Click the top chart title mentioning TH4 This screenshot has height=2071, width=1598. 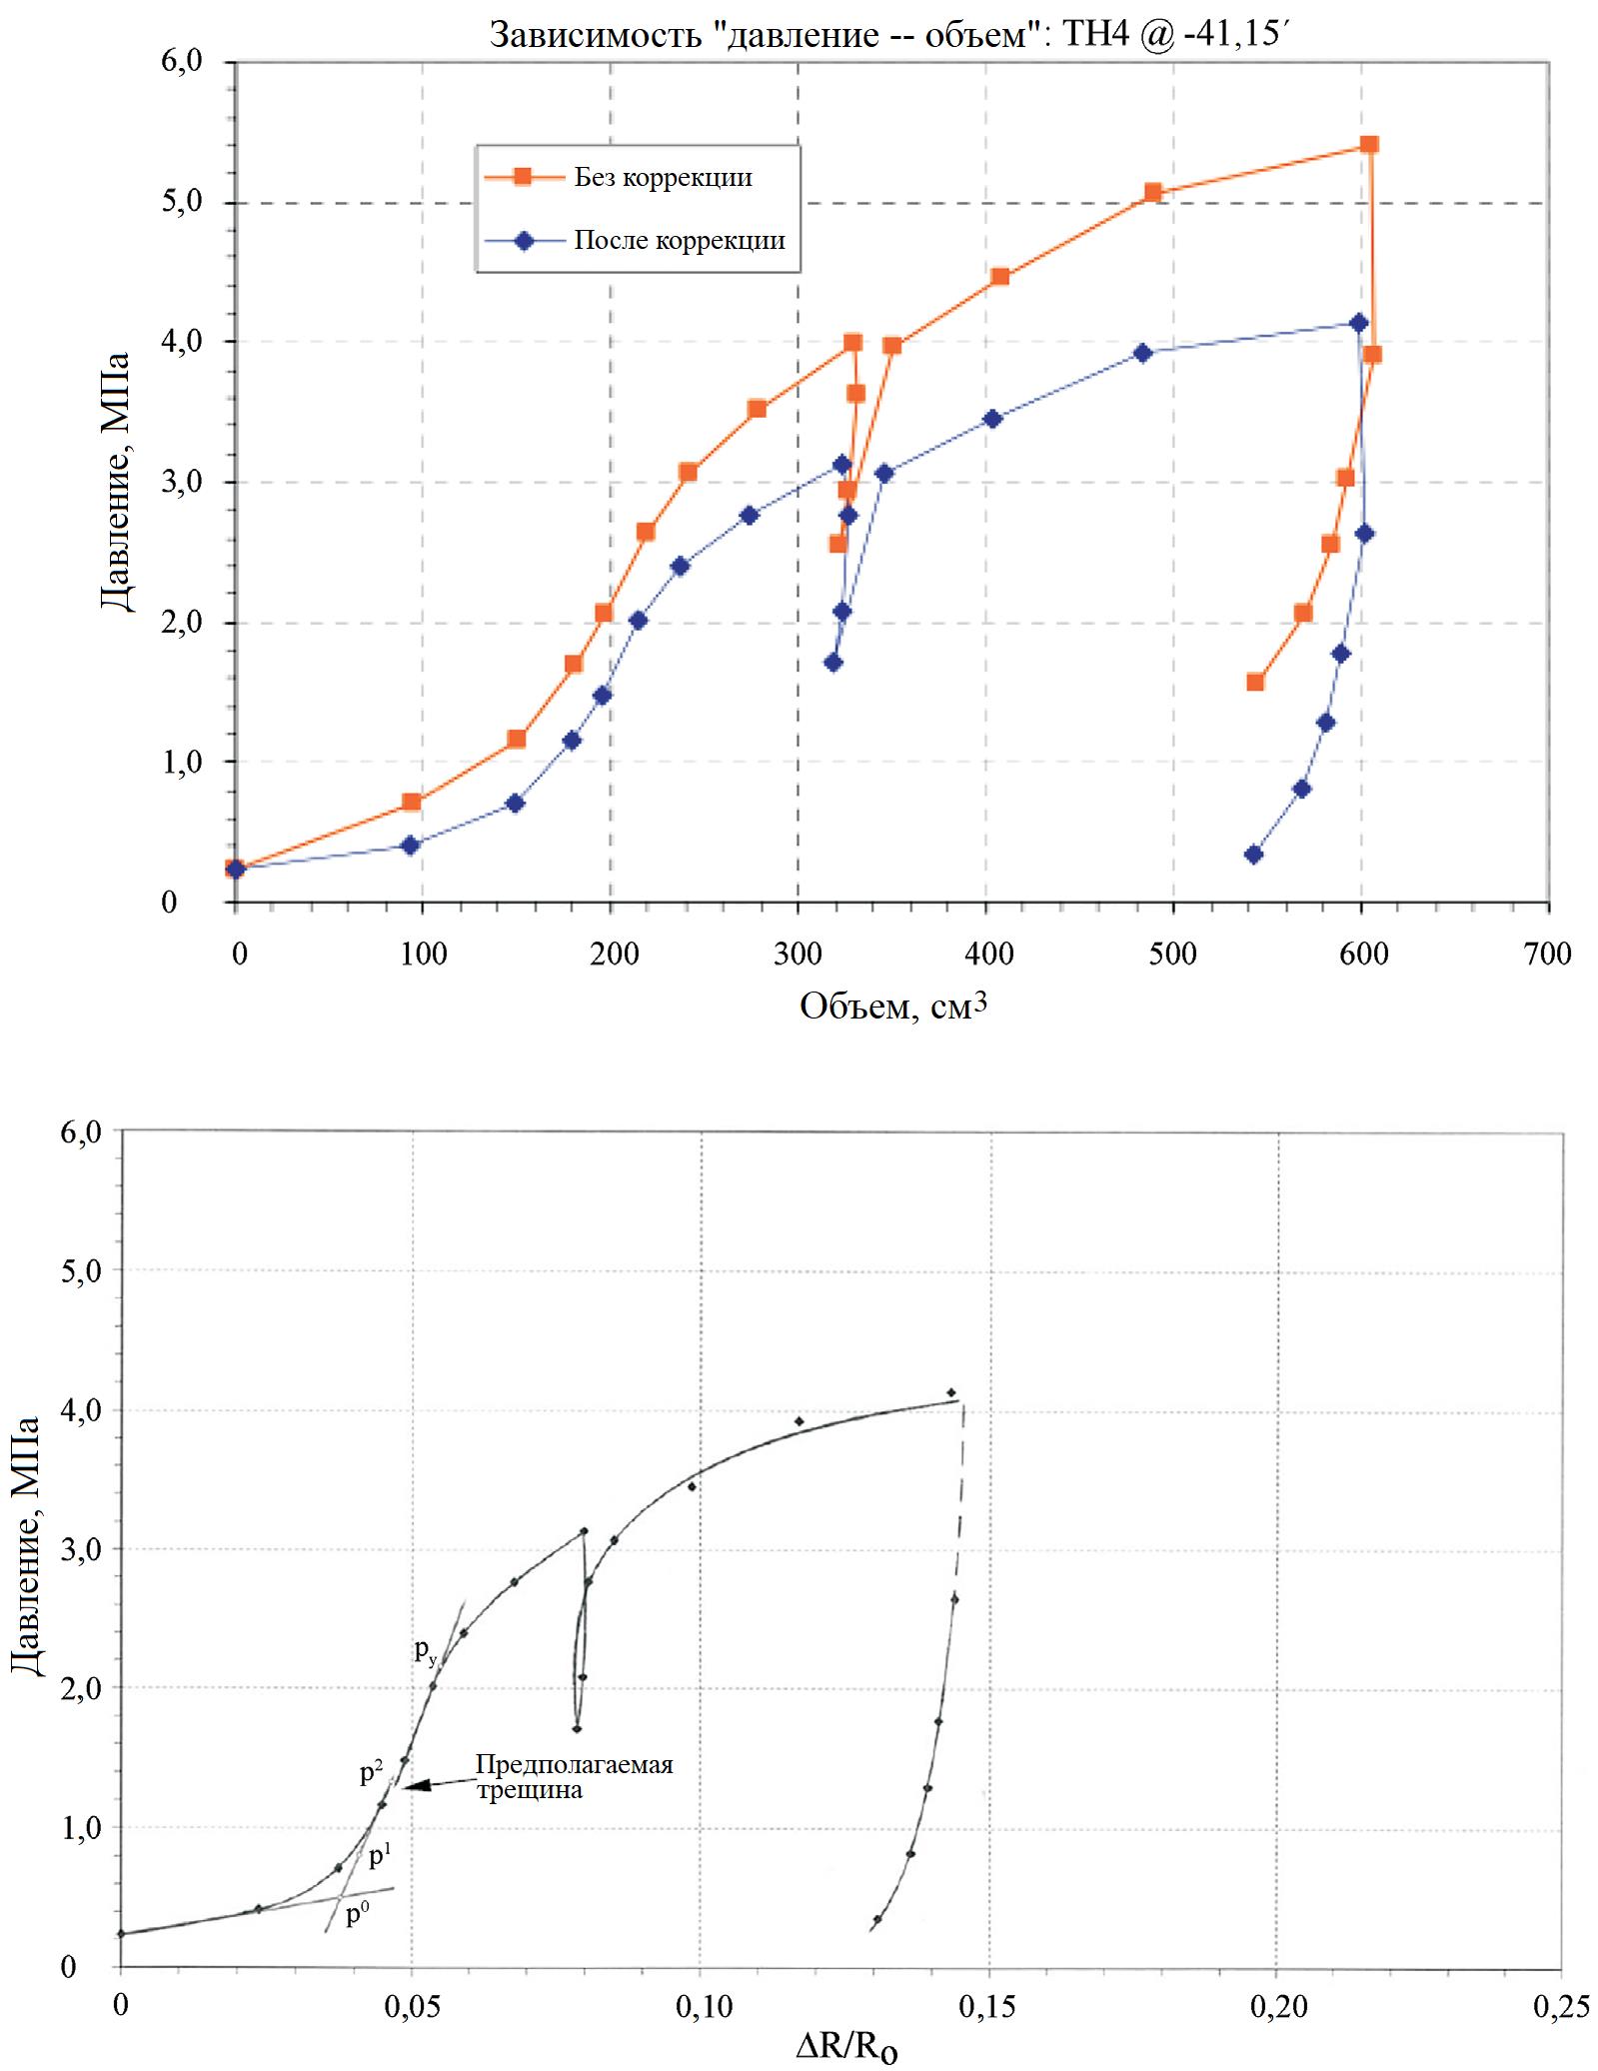pos(892,35)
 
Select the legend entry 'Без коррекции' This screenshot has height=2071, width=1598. pos(663,178)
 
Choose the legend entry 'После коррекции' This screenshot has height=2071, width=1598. pos(679,241)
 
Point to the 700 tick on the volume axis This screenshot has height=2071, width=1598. pos(1549,954)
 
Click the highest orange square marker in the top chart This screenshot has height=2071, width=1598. pos(1369,145)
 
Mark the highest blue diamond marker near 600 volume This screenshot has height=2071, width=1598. pos(1358,323)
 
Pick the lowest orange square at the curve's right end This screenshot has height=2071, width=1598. pos(1255,683)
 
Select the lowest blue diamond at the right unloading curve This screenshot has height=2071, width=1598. pos(1253,855)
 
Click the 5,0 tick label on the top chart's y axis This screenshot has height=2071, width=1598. pos(182,203)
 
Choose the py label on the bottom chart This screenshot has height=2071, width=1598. pos(426,1651)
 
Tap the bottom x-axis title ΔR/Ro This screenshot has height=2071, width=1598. pos(845,2050)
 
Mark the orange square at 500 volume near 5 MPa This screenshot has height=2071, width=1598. pos(1152,193)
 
